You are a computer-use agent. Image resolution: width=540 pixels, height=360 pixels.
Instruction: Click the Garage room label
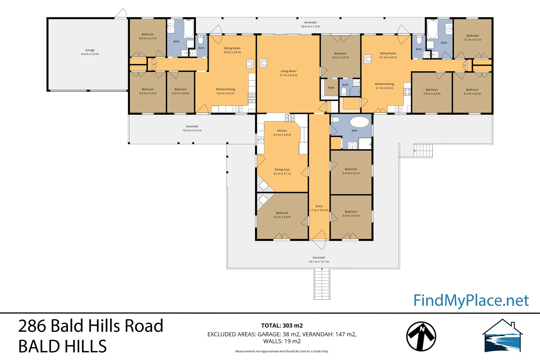point(90,52)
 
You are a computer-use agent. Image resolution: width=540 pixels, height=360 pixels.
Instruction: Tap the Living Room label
point(288,73)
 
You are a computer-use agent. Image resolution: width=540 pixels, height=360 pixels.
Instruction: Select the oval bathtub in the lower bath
point(359,122)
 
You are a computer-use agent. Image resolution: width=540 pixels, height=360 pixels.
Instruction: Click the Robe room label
point(331,88)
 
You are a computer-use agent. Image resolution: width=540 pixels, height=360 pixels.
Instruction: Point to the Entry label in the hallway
point(319,208)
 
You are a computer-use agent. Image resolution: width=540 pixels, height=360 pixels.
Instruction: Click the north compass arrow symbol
point(421,336)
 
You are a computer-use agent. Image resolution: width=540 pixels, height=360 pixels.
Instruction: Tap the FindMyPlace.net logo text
point(471,300)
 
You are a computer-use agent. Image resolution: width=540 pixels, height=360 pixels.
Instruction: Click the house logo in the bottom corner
point(503,336)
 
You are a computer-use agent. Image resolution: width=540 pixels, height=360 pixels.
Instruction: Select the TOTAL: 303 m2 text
point(282,326)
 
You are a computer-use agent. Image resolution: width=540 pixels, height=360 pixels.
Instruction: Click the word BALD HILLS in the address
point(62,346)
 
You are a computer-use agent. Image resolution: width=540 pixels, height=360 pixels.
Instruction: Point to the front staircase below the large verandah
point(322,284)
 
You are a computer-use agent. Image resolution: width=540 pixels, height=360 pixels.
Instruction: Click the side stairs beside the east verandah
point(423,151)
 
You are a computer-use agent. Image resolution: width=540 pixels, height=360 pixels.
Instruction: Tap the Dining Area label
point(282,171)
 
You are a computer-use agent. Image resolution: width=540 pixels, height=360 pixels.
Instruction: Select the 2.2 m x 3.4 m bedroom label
point(180,91)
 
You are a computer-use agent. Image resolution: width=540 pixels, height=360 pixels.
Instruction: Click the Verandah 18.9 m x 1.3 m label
point(310,24)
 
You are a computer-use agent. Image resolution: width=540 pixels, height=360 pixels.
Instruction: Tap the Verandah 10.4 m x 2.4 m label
point(192,128)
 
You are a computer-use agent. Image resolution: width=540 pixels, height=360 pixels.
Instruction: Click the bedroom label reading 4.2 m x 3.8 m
point(282,215)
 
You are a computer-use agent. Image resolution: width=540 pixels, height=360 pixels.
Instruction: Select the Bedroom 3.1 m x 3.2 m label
point(472,37)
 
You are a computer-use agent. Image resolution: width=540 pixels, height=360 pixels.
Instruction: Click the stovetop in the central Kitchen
point(290,117)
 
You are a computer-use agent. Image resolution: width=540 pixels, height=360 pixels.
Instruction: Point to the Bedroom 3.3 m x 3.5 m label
point(340,55)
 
